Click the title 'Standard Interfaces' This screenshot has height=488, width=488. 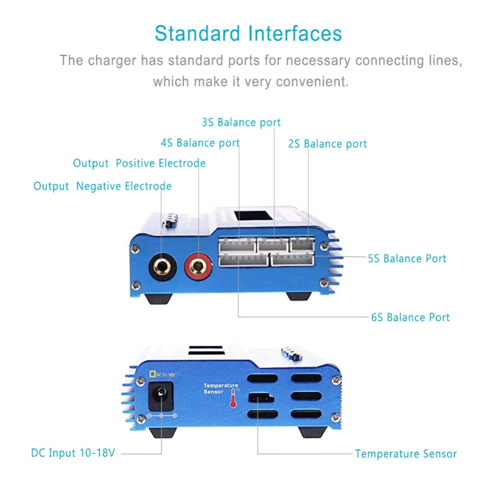[x=248, y=34]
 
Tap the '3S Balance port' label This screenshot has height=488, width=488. [x=241, y=122]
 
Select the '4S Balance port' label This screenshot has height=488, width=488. [x=200, y=143]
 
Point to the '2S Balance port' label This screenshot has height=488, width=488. [x=327, y=144]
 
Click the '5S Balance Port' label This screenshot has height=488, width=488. [x=407, y=258]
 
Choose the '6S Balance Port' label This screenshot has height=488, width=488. [x=410, y=317]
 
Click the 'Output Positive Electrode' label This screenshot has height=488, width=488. [x=139, y=163]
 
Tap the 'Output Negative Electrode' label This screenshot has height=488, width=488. [x=102, y=186]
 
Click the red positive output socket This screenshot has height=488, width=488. [x=198, y=266]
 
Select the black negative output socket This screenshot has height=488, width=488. [x=162, y=266]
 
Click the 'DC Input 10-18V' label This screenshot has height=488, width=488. [x=73, y=453]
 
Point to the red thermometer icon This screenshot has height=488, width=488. [x=233, y=400]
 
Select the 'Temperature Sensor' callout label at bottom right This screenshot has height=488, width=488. [x=406, y=454]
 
